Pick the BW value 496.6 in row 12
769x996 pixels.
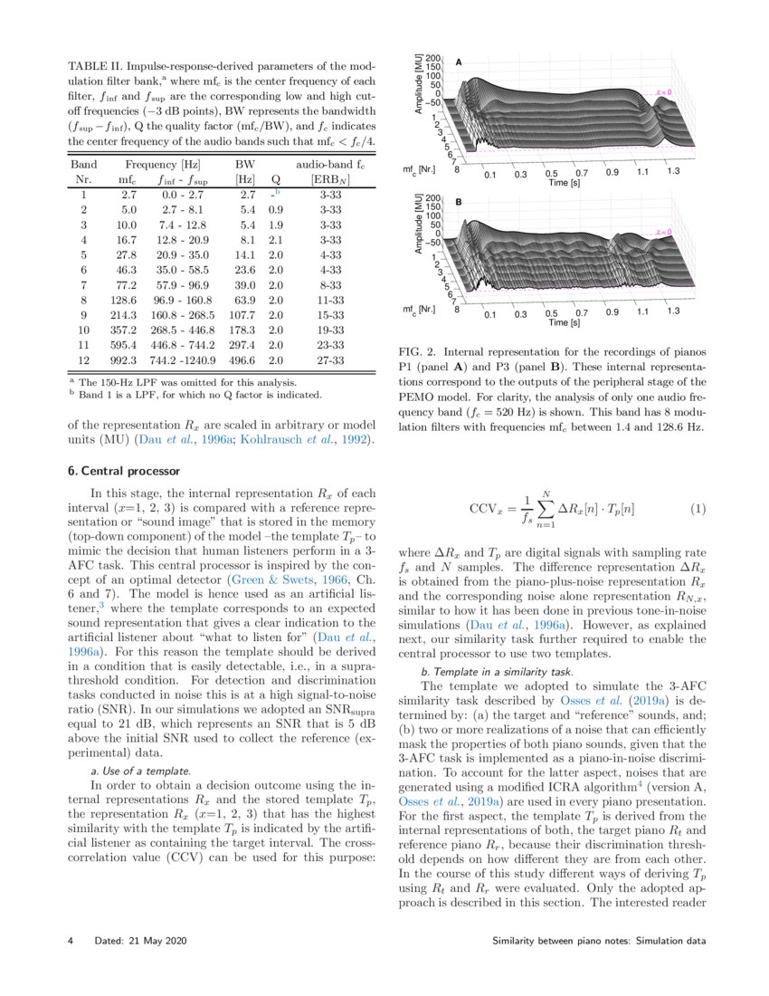(x=245, y=360)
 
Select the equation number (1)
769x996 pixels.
(x=697, y=510)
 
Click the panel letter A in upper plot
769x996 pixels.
(x=459, y=62)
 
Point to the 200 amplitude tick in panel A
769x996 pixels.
(x=433, y=57)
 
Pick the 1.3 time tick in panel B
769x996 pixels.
(x=672, y=311)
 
